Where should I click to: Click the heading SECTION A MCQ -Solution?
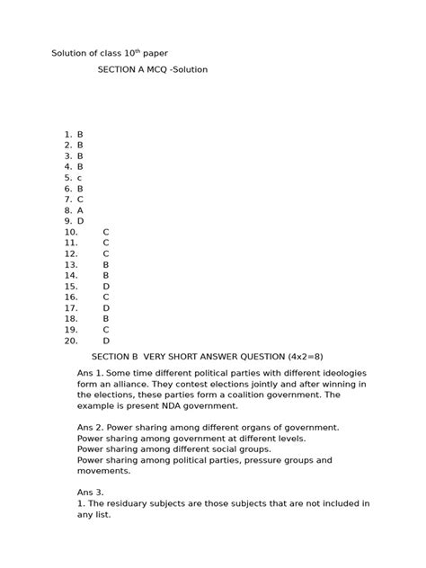tap(152, 69)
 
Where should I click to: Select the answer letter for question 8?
tap(80, 210)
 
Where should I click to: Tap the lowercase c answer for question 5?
tap(79, 178)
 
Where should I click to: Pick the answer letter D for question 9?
tap(80, 221)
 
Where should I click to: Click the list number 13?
tap(71, 265)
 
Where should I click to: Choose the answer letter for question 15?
tap(106, 287)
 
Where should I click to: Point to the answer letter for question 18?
tap(106, 319)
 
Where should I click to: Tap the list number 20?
tap(71, 342)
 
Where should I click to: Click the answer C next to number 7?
tap(80, 200)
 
